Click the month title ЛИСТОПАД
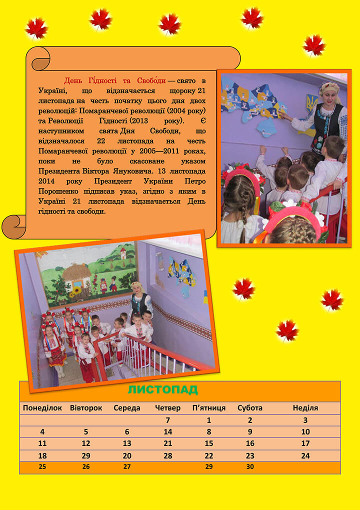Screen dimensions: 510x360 pyautogui.click(x=162, y=390)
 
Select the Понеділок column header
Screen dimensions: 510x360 pyautogui.click(x=42, y=408)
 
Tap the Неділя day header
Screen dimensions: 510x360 pyautogui.click(x=305, y=408)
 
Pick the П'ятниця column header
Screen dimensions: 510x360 pyautogui.click(x=209, y=408)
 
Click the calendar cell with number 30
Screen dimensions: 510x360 pyautogui.click(x=250, y=467)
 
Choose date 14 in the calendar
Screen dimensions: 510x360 pyautogui.click(x=168, y=432)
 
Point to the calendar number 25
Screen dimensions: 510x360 pyautogui.click(x=42, y=467)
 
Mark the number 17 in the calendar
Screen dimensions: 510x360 pyautogui.click(x=305, y=443)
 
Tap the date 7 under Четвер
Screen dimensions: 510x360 pyautogui.click(x=168, y=420)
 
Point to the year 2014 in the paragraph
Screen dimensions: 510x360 pyautogui.click(x=47, y=183)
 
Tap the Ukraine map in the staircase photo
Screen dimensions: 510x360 pyautogui.click(x=180, y=272)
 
